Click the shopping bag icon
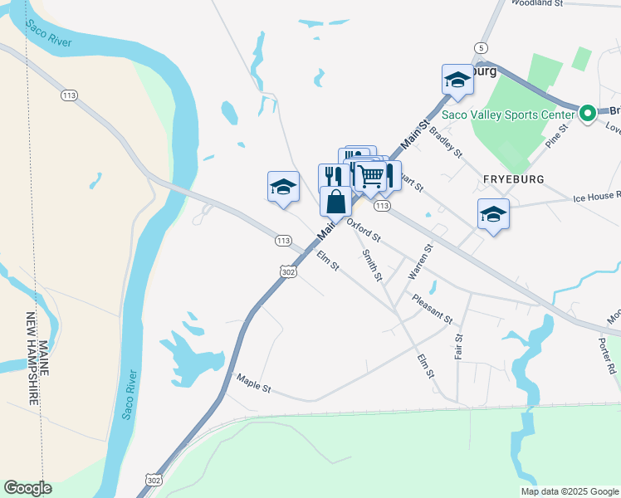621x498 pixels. point(335,202)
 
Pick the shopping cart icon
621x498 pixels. point(370,175)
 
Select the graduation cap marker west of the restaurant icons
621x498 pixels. point(283,187)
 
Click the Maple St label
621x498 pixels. point(254,381)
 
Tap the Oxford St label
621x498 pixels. point(364,230)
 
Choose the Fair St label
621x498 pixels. point(458,345)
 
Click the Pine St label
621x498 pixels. point(556,134)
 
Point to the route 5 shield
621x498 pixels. point(481,47)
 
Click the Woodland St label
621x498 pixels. point(537,3)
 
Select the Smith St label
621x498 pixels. point(371,265)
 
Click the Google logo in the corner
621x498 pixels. point(27,488)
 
